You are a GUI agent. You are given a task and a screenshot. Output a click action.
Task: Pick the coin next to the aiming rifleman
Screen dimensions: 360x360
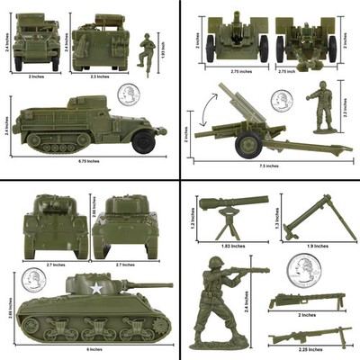click(303, 268)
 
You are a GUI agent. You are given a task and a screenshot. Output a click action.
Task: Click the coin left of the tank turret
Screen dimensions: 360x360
click(33, 280)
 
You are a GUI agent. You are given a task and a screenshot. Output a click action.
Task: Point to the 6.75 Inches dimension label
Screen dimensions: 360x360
click(86, 163)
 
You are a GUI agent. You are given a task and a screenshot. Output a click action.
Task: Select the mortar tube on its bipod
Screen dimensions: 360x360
click(308, 216)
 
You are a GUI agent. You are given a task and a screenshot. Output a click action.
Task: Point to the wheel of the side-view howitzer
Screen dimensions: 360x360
click(249, 144)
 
